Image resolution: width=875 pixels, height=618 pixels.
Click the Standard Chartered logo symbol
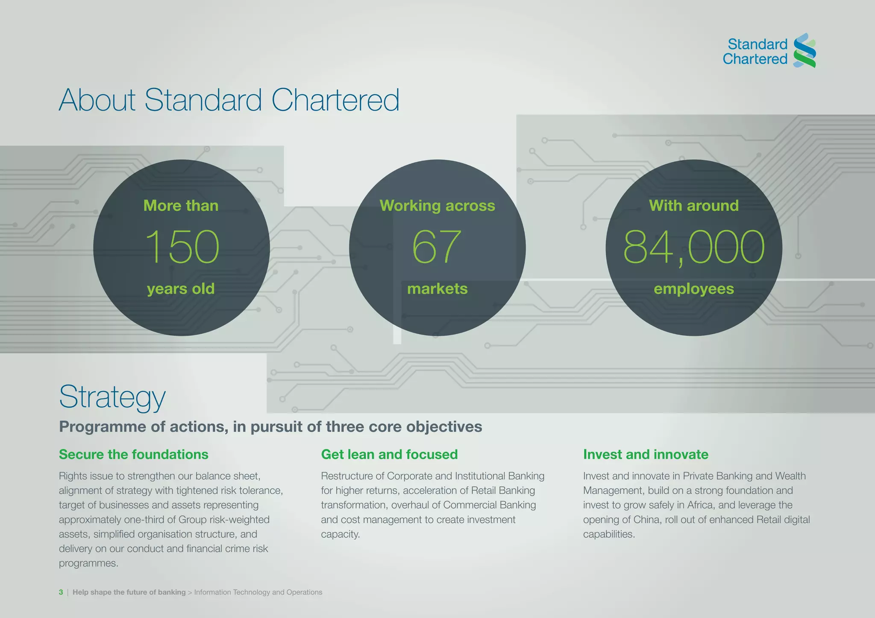pos(804,51)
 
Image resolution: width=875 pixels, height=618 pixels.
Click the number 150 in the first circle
pos(182,247)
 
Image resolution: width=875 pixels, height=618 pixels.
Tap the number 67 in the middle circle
pos(437,247)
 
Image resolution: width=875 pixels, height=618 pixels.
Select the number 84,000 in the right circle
pos(693,247)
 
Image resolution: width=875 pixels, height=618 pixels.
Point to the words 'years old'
pos(181,289)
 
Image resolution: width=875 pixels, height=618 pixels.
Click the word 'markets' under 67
pos(437,289)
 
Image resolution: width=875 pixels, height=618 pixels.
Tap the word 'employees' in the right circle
pos(693,289)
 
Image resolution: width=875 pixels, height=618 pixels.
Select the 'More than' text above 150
pos(181,206)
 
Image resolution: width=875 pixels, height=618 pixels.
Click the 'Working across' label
pos(437,206)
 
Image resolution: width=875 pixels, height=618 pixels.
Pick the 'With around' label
pos(693,206)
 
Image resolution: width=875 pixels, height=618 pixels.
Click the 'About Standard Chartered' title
pos(229,100)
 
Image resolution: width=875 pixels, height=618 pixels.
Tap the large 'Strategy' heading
pos(112,397)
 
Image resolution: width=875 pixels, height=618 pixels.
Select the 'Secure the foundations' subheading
pos(133,455)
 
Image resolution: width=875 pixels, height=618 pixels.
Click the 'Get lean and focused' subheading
pos(389,455)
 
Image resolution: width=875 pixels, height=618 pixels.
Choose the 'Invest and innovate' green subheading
pos(646,455)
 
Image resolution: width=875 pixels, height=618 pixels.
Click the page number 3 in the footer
pos(61,592)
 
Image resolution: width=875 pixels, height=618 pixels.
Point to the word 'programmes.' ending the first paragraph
pos(88,563)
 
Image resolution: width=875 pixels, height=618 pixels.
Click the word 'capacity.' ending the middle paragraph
pos(340,534)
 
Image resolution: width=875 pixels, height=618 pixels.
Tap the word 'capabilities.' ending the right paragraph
pos(609,534)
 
